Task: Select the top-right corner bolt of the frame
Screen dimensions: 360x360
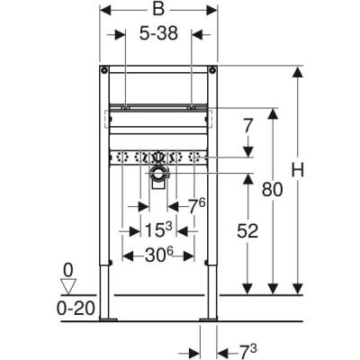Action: tap(214, 70)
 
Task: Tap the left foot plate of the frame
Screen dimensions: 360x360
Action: tap(109, 319)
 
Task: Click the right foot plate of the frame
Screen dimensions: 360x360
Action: tap(211, 319)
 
